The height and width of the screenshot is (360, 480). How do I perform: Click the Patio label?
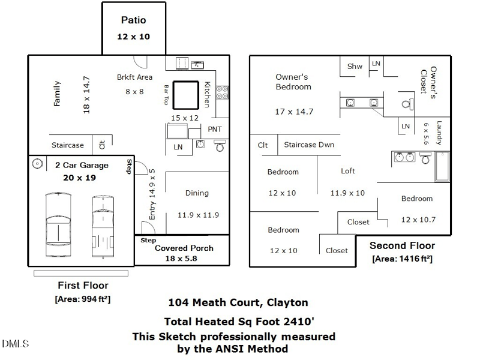point(133,20)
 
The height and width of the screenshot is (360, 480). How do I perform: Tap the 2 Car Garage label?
point(82,166)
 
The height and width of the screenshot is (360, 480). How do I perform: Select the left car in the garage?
point(58,224)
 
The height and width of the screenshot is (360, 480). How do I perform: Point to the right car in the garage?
point(103,227)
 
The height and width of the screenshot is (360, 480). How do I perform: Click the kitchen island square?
point(186,95)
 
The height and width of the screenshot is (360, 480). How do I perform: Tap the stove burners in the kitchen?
point(222,92)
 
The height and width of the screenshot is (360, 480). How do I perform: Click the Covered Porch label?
point(184,248)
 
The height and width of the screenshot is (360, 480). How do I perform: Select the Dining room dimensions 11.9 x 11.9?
point(199,215)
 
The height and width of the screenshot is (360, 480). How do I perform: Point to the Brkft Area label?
point(134,77)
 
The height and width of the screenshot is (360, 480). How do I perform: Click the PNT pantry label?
point(215,129)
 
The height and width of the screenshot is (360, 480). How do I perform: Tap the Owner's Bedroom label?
point(293,82)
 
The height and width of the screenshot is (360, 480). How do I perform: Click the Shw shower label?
point(355,66)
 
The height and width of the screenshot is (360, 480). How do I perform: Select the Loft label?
point(348,171)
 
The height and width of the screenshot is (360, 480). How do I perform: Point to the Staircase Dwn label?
point(309,145)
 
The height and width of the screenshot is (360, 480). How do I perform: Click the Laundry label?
point(439,133)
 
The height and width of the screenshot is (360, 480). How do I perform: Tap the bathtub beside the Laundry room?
point(442,167)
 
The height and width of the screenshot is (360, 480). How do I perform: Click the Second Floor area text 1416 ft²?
point(402,259)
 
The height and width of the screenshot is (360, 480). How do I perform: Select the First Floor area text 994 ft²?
point(83,299)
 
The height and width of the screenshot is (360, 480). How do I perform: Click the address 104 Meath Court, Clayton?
point(238,302)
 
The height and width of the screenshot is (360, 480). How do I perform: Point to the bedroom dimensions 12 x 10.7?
point(418,220)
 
